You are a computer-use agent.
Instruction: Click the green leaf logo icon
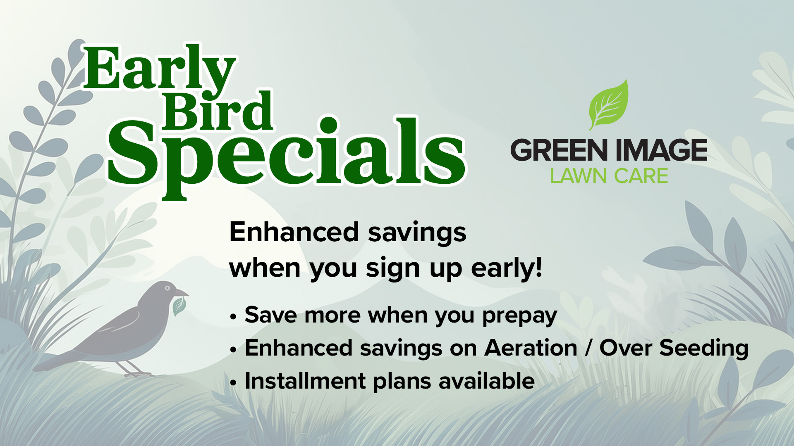pos(609,105)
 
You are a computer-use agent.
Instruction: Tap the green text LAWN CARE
pos(609,176)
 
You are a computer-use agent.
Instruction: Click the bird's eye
pos(167,288)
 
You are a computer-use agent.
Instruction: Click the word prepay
pos(519,316)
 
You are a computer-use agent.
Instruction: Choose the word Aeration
pos(531,348)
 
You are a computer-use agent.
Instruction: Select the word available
pos(487,381)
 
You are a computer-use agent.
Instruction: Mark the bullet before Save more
pos(234,317)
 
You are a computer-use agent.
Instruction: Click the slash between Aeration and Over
pos(588,348)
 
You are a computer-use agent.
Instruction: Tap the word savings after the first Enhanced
pos(417,233)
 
